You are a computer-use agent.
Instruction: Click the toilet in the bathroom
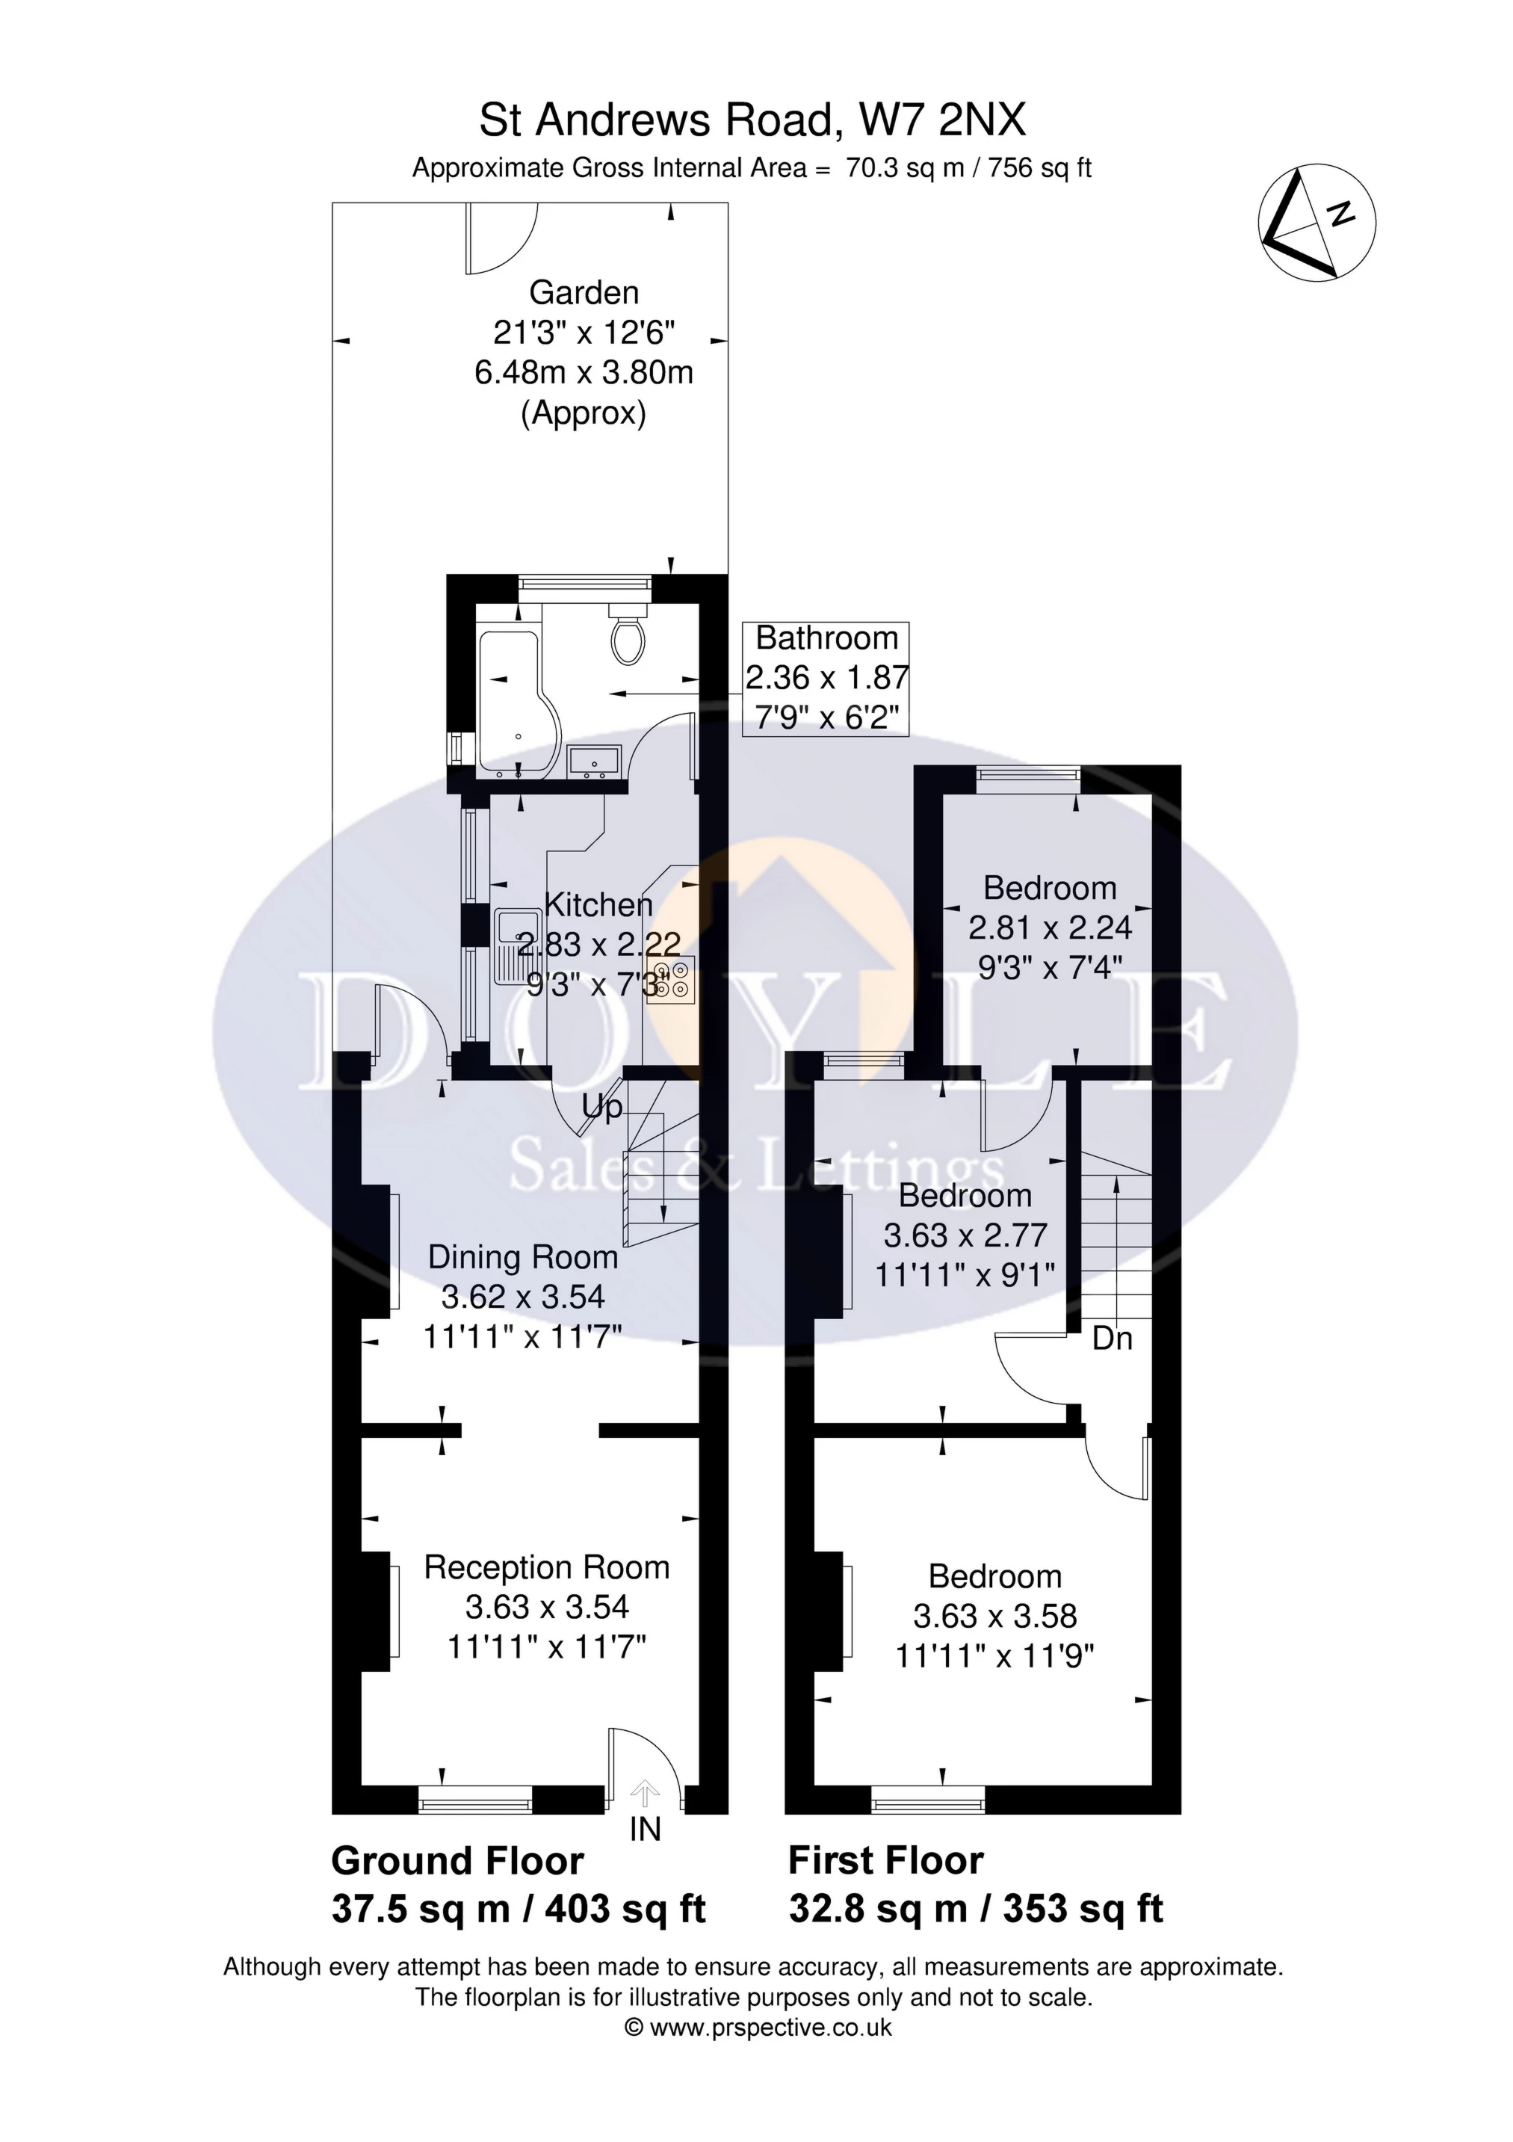(628, 638)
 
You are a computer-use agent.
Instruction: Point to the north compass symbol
(1316, 225)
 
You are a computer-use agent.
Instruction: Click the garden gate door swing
(501, 239)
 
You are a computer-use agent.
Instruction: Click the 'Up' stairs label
(601, 1108)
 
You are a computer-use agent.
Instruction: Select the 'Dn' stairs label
(1112, 1339)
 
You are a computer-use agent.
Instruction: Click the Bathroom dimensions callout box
(826, 678)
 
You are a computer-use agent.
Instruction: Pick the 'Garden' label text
(584, 293)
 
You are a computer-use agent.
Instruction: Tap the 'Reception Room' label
(547, 1567)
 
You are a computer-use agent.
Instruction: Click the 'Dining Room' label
(522, 1258)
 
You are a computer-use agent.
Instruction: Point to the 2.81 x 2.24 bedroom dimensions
(1050, 928)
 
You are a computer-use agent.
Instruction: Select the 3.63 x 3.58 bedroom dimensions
(994, 1616)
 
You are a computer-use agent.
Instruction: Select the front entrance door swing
(643, 1763)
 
